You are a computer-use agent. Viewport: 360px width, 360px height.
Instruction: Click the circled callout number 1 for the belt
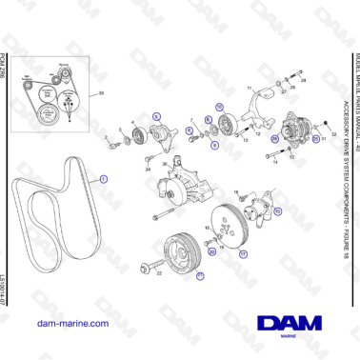click(x=103, y=176)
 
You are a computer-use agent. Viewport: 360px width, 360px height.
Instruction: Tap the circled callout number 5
click(x=155, y=115)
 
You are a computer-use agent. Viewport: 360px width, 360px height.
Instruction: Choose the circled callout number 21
click(x=200, y=276)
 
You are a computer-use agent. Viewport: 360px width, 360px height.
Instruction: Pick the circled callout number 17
click(x=243, y=254)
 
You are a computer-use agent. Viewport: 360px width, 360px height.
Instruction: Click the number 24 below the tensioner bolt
click(x=149, y=170)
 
